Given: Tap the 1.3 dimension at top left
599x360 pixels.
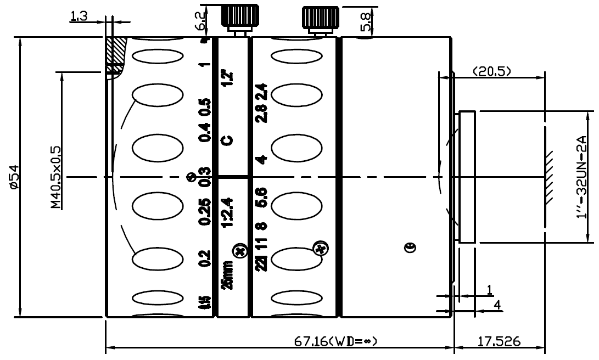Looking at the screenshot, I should (x=79, y=16).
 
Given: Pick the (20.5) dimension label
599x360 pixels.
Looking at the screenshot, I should (x=491, y=71).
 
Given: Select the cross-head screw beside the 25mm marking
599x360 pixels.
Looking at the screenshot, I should (x=239, y=252).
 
